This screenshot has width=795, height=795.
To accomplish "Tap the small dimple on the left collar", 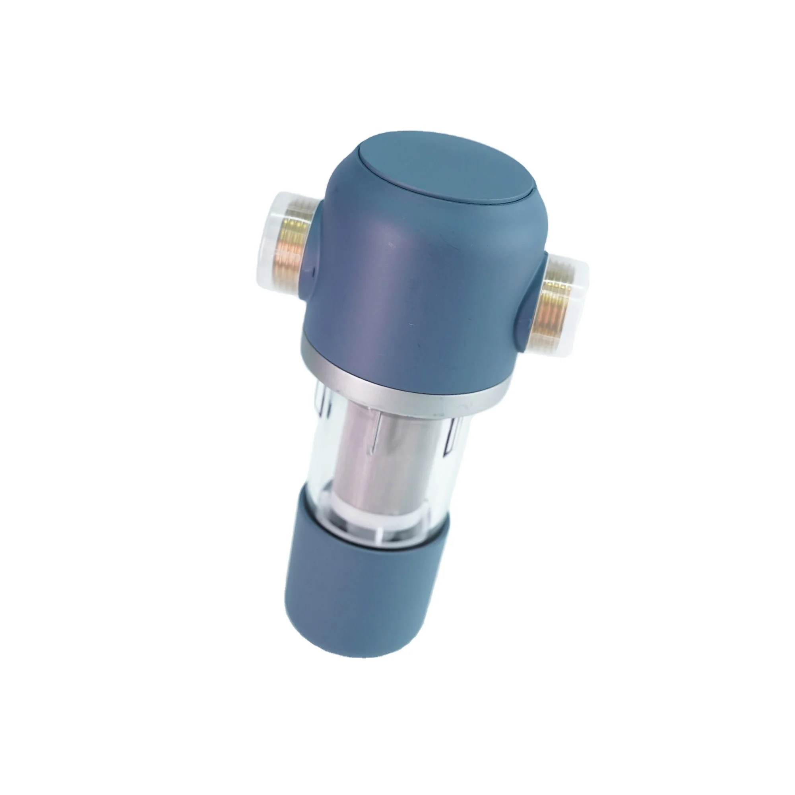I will click(314, 270).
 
